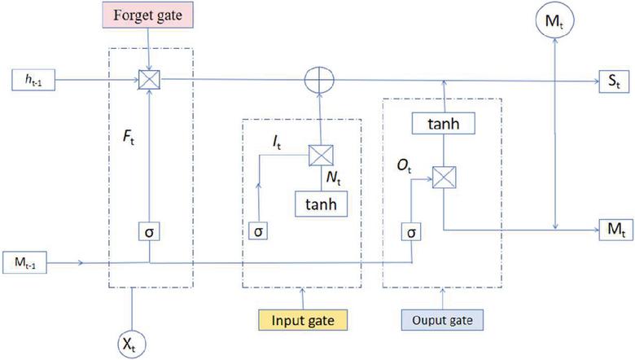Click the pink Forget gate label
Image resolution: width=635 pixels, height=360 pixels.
click(x=150, y=15)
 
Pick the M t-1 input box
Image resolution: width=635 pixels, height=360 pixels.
click(x=30, y=262)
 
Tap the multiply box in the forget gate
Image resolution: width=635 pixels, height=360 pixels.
click(x=151, y=79)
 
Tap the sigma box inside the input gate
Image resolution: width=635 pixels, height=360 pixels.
click(x=257, y=231)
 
